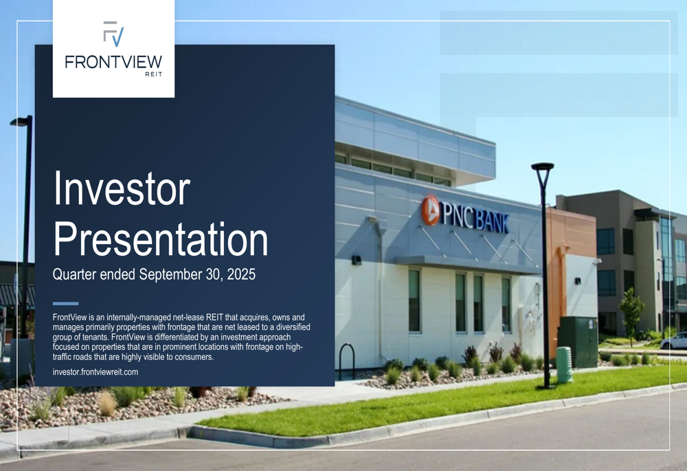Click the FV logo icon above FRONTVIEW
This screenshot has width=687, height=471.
[113, 34]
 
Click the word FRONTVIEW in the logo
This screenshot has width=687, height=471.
[113, 62]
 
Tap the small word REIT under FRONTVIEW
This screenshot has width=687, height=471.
[154, 74]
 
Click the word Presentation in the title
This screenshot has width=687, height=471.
[161, 239]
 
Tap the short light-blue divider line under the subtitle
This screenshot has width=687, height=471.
[65, 303]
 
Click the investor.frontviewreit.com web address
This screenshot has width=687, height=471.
[95, 372]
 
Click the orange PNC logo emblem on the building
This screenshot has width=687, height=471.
[430, 210]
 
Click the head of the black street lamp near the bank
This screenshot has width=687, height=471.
[543, 167]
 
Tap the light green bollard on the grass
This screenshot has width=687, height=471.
[564, 365]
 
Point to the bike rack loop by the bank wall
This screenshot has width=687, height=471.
[348, 360]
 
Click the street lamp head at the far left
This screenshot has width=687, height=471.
[21, 121]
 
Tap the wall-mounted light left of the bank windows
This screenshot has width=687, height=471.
[357, 260]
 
